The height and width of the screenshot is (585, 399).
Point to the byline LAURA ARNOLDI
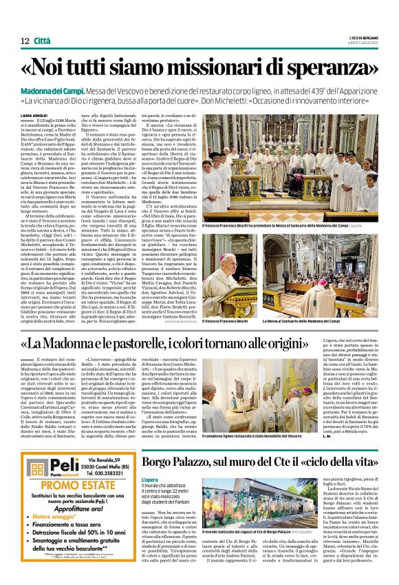pyautogui.click(x=35, y=115)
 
